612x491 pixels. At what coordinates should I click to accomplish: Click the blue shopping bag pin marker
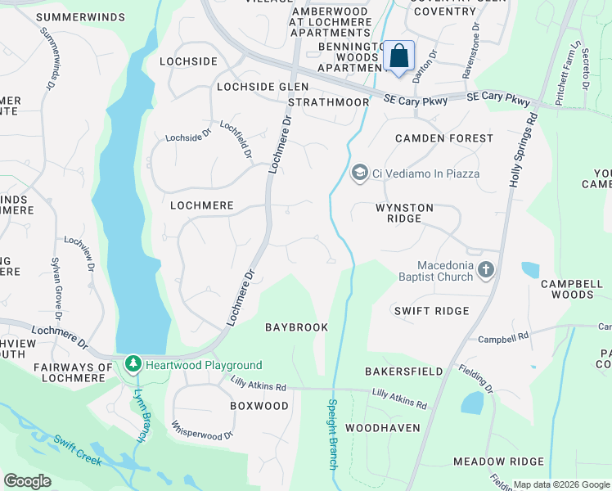(398, 57)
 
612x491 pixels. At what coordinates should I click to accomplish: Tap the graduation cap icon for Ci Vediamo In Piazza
(359, 173)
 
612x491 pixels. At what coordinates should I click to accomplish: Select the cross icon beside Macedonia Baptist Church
(486, 270)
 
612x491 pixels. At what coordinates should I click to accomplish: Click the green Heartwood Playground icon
(133, 364)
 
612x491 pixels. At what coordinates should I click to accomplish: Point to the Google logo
(27, 481)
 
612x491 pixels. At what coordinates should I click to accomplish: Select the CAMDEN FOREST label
(444, 138)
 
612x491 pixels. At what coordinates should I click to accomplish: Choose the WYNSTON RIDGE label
(404, 208)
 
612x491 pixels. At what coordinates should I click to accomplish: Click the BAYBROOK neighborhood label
(296, 327)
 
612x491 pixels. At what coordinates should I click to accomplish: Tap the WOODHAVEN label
(382, 428)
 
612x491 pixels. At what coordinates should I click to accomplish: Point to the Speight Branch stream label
(332, 434)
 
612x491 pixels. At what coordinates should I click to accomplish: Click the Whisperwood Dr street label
(203, 430)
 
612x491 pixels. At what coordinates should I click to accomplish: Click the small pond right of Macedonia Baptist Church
(530, 270)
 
